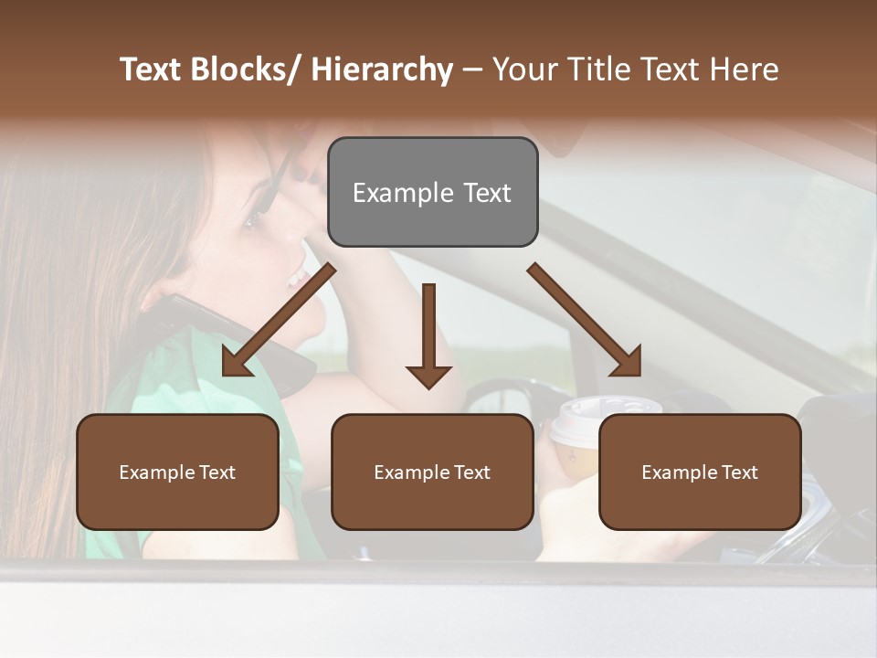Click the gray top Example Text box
(x=432, y=193)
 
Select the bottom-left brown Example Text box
(x=177, y=472)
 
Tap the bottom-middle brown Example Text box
(x=432, y=472)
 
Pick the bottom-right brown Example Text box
(x=700, y=472)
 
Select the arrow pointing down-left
(x=278, y=320)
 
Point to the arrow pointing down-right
(x=585, y=320)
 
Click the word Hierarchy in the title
(x=381, y=69)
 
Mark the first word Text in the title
(x=153, y=69)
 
